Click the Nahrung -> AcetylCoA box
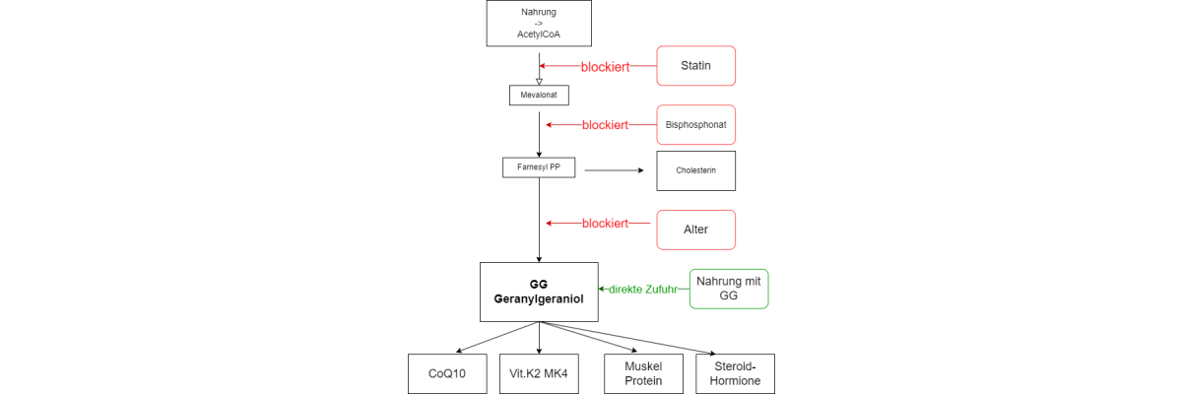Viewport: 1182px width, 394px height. (539, 24)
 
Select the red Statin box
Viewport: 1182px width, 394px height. (695, 66)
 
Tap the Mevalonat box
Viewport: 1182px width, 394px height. (539, 96)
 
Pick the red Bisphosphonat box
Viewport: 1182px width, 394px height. (695, 125)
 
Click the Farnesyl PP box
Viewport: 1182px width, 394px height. (539, 167)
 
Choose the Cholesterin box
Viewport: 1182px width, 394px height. (695, 170)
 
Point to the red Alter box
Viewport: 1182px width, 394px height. (695, 230)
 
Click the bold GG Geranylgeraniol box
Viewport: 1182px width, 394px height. (539, 292)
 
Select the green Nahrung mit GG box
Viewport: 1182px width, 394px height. (729, 289)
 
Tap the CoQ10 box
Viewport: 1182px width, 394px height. (447, 374)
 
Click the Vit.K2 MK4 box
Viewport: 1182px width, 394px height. (539, 374)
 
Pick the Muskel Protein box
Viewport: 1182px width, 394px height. (644, 374)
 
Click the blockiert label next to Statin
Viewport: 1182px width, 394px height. (605, 67)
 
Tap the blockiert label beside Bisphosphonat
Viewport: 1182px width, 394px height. (605, 125)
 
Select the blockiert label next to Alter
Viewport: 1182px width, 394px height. (605, 224)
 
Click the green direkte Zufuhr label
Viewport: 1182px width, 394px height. (642, 289)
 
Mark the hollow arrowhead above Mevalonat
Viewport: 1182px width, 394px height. (539, 82)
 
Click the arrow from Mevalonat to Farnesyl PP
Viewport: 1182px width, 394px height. (539, 133)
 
